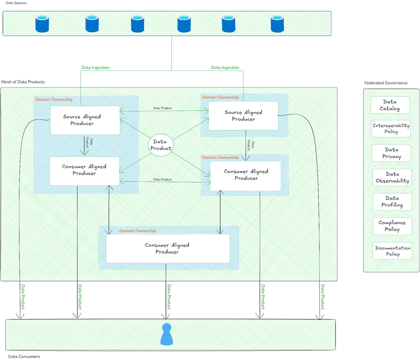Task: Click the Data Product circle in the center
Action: click(x=161, y=145)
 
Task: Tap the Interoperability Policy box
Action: click(x=391, y=129)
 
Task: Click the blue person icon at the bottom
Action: click(x=167, y=334)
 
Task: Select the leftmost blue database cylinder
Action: click(x=42, y=24)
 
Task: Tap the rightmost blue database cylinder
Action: click(x=277, y=24)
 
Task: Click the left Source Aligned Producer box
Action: click(x=85, y=120)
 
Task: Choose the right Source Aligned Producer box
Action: click(x=244, y=116)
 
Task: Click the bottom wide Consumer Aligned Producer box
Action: click(x=168, y=248)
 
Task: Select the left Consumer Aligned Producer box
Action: click(x=84, y=170)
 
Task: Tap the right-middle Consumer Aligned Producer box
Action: click(x=246, y=175)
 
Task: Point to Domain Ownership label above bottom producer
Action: click(x=138, y=231)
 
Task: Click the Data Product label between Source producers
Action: click(x=162, y=108)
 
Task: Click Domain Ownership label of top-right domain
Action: click(x=220, y=97)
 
